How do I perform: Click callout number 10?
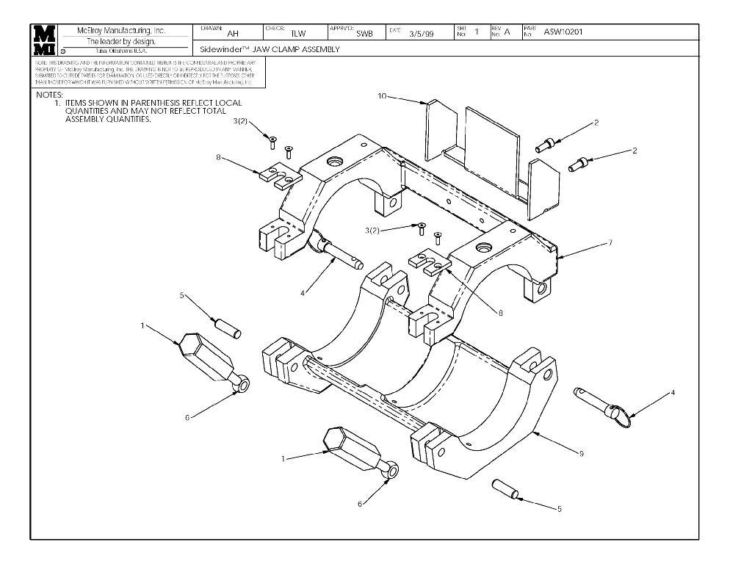tap(382, 95)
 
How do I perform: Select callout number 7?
tap(610, 242)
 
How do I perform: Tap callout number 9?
tap(581, 453)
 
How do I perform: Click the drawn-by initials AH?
tap(233, 33)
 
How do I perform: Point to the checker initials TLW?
tap(297, 33)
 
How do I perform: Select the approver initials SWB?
tap(364, 33)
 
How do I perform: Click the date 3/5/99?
tap(422, 33)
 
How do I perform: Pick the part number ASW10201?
tap(564, 32)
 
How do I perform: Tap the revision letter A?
tap(507, 32)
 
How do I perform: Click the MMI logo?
tap(43, 40)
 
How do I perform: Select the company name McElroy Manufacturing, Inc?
tap(122, 31)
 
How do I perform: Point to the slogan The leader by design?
tap(121, 42)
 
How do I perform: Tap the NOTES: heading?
tap(49, 95)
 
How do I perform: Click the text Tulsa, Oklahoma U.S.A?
tap(121, 51)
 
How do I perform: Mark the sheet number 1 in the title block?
tap(477, 32)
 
